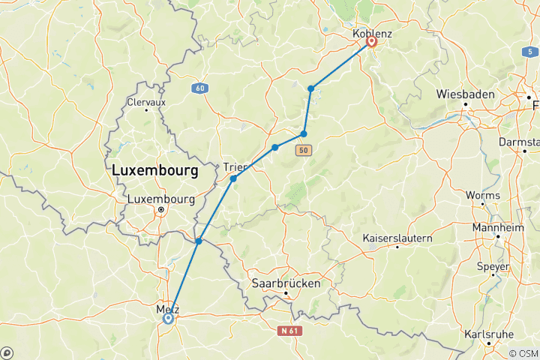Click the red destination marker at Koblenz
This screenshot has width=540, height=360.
(370, 42)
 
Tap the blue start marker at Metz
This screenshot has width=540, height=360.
(168, 318)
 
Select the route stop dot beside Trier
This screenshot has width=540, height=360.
(233, 178)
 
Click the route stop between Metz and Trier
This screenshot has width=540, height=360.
(199, 241)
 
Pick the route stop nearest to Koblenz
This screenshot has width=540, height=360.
(310, 88)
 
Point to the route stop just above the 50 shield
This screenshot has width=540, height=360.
(304, 133)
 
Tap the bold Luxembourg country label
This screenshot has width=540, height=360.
(154, 171)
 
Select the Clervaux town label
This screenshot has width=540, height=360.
(146, 101)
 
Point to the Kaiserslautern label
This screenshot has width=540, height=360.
(397, 238)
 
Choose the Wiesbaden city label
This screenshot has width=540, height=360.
(466, 94)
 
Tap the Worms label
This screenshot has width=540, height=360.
(482, 196)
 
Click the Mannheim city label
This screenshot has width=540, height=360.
(497, 227)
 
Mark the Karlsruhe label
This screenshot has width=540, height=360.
(490, 334)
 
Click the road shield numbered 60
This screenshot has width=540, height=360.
(199, 88)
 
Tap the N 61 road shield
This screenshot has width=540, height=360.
(289, 330)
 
